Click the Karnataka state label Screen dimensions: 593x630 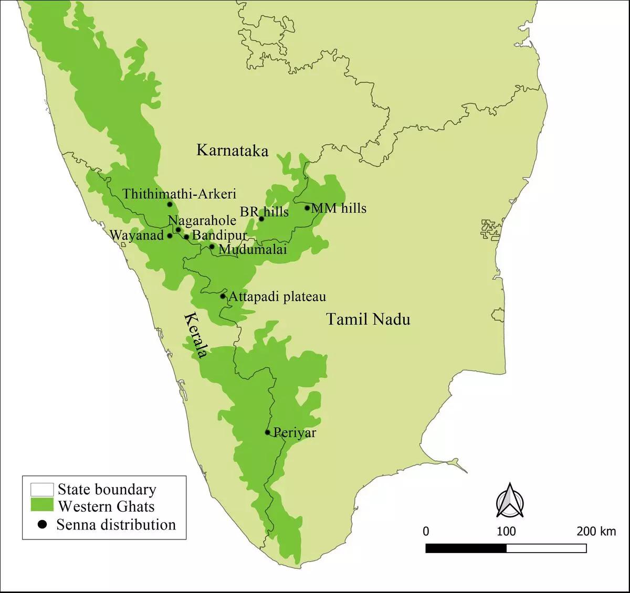click(x=232, y=151)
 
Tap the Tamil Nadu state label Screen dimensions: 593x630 click(x=368, y=319)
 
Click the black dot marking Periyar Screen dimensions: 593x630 click(x=268, y=432)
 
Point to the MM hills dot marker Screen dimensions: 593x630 click(x=307, y=208)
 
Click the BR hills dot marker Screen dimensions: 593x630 click(x=261, y=218)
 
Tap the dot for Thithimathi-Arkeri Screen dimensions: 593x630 click(x=170, y=204)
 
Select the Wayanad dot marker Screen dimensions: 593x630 click(x=170, y=236)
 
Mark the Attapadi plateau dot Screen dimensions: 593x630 click(x=223, y=296)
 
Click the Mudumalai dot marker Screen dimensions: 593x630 click(x=212, y=246)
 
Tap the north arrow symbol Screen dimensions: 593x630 click(x=507, y=500)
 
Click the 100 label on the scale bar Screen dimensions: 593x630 click(x=506, y=532)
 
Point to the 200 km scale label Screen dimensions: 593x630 click(x=596, y=532)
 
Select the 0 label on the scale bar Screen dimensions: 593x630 click(x=426, y=532)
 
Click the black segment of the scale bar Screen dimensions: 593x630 click(x=466, y=548)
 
